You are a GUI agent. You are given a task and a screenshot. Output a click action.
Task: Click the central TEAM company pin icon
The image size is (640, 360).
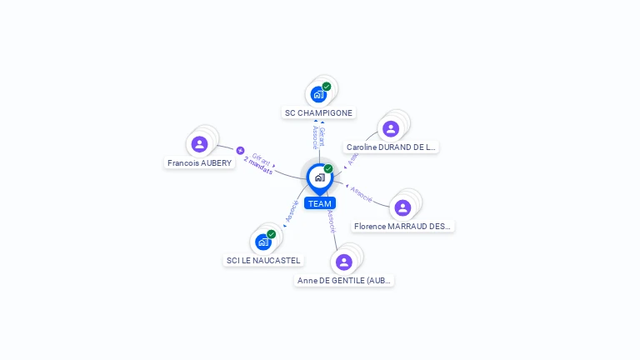coord(319,177)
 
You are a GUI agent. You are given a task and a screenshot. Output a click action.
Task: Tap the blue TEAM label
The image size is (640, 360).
coord(319,203)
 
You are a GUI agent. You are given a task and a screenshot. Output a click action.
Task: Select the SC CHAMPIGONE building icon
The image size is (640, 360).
coord(318,94)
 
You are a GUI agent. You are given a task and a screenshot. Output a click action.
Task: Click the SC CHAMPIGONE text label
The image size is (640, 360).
coord(319,113)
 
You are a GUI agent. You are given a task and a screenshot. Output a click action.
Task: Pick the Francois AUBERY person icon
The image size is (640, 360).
coord(199,144)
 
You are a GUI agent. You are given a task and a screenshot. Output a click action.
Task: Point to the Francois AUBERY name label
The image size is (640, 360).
coord(199,163)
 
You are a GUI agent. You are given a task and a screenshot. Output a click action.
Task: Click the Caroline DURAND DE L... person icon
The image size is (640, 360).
coord(390,128)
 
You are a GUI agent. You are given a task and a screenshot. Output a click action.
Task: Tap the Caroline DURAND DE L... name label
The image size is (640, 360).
coord(391,147)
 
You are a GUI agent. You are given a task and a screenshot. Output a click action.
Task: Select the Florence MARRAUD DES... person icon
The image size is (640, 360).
coord(402,207)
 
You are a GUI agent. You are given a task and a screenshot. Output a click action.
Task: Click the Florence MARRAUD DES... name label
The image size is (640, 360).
coord(402,227)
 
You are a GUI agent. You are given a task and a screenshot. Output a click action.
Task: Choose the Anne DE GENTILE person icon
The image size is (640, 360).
coord(343,262)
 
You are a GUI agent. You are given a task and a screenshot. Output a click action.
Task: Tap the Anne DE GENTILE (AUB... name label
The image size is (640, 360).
coord(344,281)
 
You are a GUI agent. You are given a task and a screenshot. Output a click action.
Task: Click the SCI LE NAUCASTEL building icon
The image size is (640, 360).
coord(263,242)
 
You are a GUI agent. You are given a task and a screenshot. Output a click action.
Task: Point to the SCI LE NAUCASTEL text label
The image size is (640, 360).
coord(263,261)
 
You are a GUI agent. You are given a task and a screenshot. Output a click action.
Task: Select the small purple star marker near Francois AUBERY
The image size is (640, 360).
coord(240,151)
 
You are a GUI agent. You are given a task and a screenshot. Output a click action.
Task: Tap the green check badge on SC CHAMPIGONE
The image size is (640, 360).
coord(327,86)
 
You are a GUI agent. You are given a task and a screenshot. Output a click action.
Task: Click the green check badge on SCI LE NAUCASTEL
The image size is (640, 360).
coord(271,234)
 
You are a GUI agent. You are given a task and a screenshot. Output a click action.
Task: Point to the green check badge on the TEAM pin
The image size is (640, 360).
coord(328,169)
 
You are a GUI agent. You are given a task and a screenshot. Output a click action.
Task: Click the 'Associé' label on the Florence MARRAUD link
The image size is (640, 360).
coord(361,193)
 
